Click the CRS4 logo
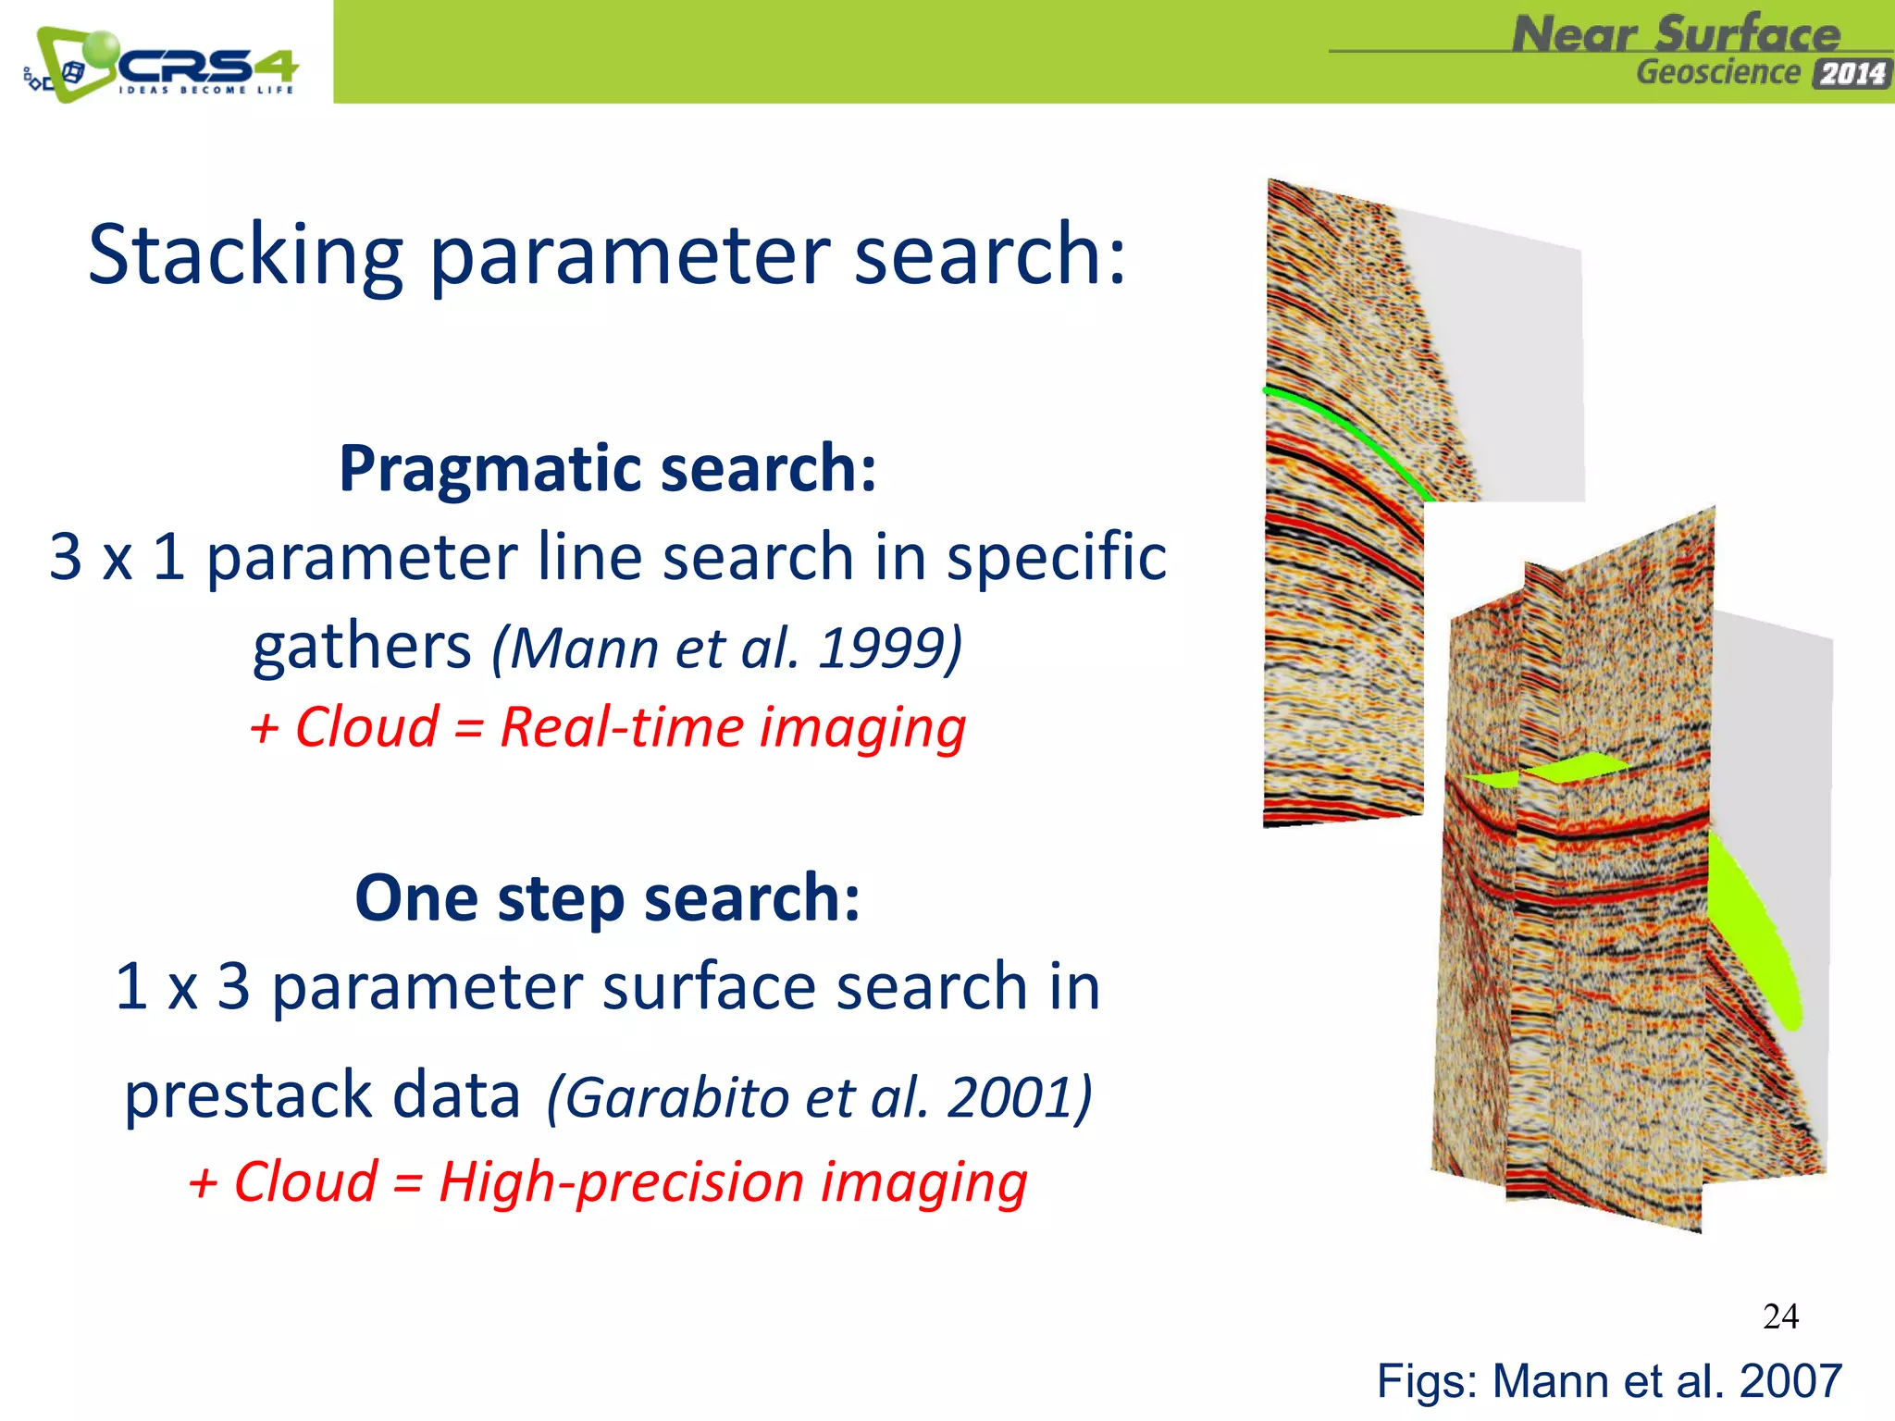coord(162,65)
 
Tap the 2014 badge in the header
coord(1852,74)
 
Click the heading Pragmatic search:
coord(608,468)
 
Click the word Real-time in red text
coord(622,727)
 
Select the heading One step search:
coord(608,898)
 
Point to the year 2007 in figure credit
coord(1790,1381)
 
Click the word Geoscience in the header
coord(1717,73)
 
